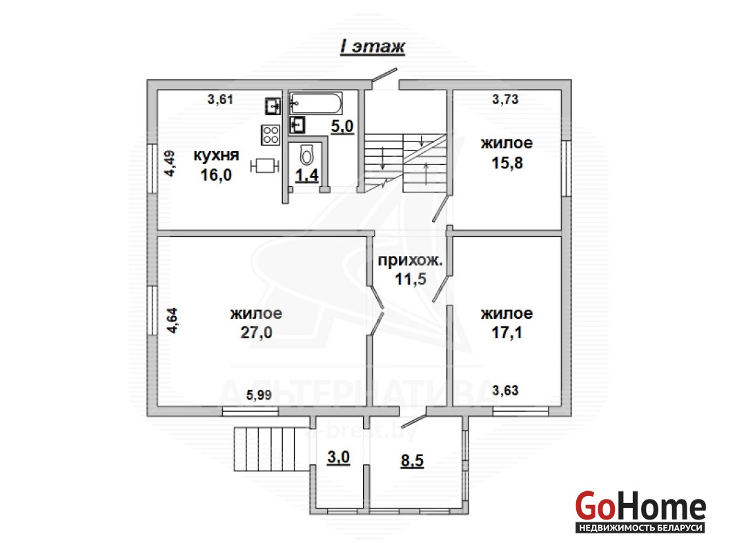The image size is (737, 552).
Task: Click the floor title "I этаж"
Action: pyautogui.click(x=372, y=47)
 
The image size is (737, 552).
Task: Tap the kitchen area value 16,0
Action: pyautogui.click(x=216, y=175)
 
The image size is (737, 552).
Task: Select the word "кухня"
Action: pyautogui.click(x=216, y=155)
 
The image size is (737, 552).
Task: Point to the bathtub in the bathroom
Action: pyautogui.click(x=315, y=103)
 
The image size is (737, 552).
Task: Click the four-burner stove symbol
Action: pyautogui.click(x=271, y=135)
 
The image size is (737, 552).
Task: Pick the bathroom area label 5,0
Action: pyautogui.click(x=342, y=126)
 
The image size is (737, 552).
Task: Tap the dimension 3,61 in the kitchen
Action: pyautogui.click(x=220, y=99)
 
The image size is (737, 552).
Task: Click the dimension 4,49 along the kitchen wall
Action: pyautogui.click(x=170, y=163)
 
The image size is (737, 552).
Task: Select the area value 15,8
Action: pyautogui.click(x=507, y=163)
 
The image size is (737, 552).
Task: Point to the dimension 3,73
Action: pyautogui.click(x=505, y=99)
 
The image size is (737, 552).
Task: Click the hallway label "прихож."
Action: pyautogui.click(x=411, y=260)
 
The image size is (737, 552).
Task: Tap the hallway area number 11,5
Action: pyautogui.click(x=411, y=279)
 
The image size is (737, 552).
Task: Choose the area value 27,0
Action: pyautogui.click(x=257, y=332)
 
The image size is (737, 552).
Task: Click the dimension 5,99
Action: pyautogui.click(x=259, y=395)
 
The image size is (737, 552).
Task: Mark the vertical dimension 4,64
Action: pyautogui.click(x=172, y=320)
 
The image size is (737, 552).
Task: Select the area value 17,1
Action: pyautogui.click(x=507, y=332)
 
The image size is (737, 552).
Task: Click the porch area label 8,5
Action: pyautogui.click(x=412, y=460)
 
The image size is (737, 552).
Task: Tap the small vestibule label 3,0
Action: pyautogui.click(x=338, y=457)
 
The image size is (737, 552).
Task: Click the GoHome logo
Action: pyautogui.click(x=640, y=511)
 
